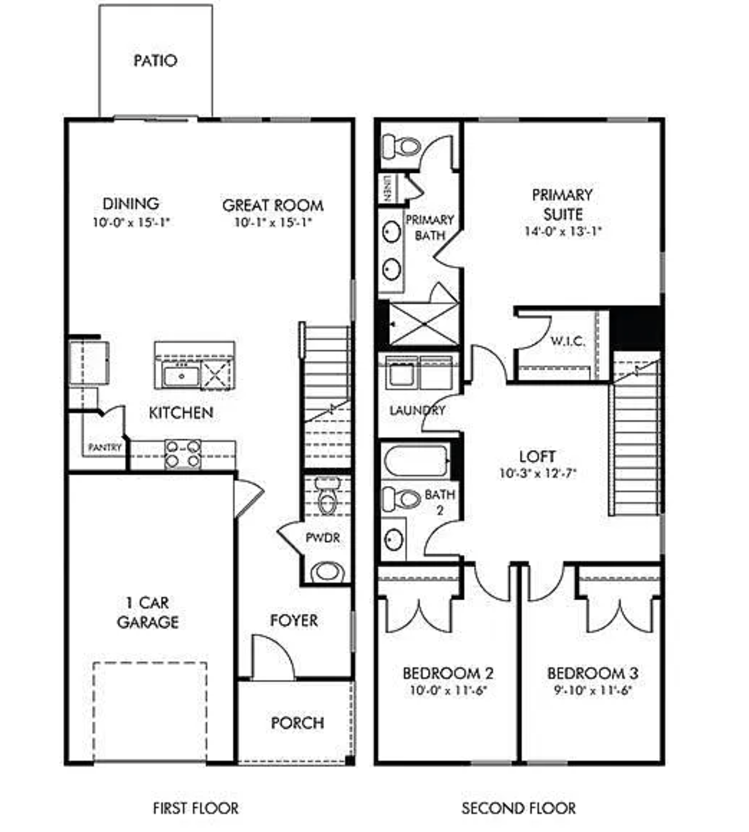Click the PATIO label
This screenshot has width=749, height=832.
coord(155,60)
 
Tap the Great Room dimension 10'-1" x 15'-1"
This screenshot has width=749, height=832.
coord(273,222)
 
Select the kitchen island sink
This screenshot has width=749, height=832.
coord(181,376)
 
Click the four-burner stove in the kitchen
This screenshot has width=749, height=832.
coord(183,454)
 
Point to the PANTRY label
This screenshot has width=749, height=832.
coord(104,447)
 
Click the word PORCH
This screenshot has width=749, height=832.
coord(297,723)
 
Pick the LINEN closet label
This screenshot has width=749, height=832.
coord(387,188)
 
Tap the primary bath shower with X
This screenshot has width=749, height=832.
coord(423,324)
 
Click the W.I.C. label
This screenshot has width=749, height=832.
coord(567,341)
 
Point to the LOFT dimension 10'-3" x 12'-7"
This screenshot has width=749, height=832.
coord(538,473)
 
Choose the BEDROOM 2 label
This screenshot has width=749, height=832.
coord(448,673)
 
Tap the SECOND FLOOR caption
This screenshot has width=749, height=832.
coord(518,808)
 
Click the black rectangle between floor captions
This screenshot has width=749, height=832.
coord(361,800)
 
